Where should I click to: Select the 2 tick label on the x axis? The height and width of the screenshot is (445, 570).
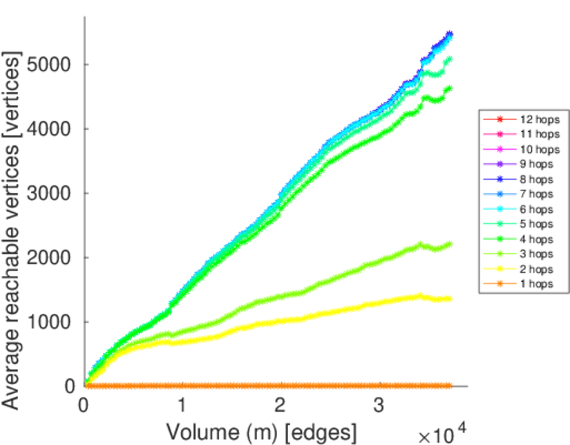[281, 406]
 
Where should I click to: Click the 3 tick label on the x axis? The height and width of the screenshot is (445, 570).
[379, 406]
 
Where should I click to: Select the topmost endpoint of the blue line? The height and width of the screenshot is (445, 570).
[450, 33]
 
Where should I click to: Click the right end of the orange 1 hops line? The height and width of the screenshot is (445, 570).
[450, 386]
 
